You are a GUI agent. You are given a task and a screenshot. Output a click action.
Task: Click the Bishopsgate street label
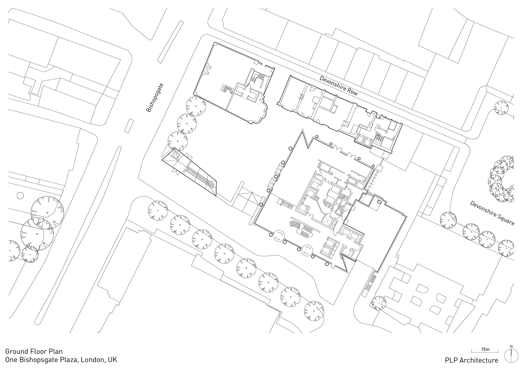[x=154, y=98]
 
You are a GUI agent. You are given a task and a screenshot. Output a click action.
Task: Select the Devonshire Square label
[x=492, y=213]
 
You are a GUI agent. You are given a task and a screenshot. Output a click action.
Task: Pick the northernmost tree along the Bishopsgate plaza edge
[x=196, y=106]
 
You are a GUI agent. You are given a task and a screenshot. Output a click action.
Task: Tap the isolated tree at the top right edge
[x=501, y=108]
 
